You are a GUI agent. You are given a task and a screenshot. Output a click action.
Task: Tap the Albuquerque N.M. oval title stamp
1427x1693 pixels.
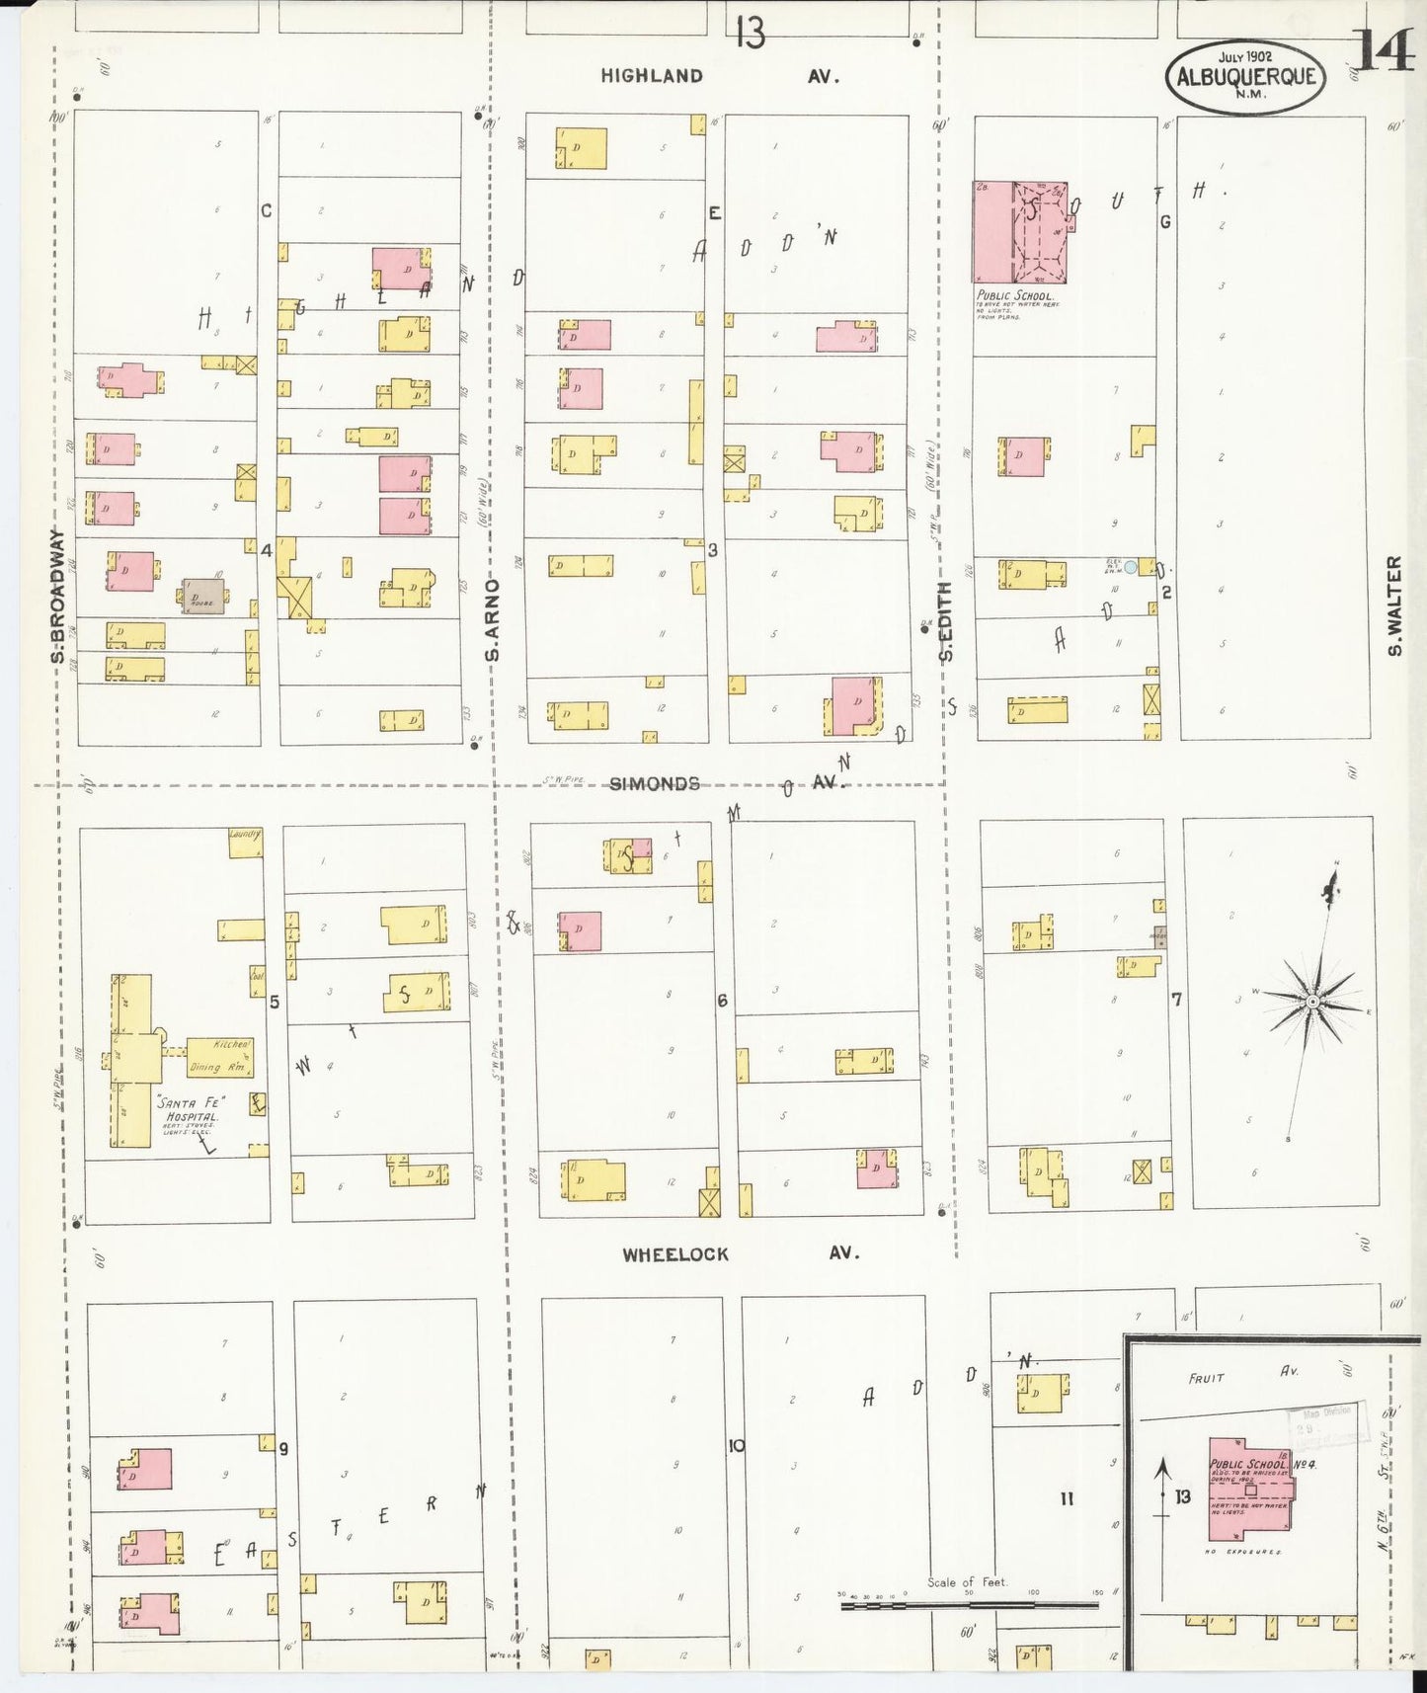1245,76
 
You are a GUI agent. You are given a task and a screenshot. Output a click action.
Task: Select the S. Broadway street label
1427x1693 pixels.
57,597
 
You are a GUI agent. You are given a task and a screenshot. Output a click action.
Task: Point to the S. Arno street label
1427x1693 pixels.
493,620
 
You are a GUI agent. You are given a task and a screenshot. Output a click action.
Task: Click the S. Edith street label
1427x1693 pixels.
945,622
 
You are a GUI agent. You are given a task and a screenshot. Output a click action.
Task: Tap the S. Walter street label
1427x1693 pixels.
1393,605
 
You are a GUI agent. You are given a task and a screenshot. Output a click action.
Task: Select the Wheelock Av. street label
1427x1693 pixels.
741,1253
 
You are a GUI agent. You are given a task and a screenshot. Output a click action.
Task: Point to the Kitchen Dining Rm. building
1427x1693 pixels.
219,1057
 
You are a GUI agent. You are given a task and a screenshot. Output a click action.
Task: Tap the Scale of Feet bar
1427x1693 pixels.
969,1606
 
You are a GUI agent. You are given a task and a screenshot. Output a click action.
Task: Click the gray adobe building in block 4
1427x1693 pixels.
202,597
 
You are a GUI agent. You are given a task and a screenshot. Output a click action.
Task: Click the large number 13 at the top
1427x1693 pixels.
750,34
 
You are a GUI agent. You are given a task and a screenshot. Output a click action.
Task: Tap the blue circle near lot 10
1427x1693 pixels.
1131,567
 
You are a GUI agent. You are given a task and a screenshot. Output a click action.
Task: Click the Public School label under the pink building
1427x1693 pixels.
1015,295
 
